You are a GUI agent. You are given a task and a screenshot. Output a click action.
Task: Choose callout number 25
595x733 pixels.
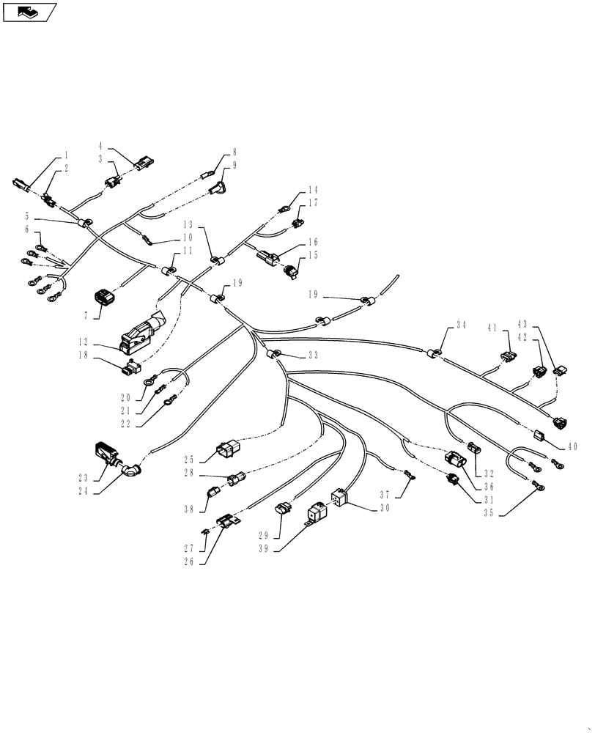[189, 460]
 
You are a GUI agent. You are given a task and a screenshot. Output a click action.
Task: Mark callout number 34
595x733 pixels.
[460, 325]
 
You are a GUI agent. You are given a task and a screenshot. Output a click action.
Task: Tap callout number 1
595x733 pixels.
[65, 155]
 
